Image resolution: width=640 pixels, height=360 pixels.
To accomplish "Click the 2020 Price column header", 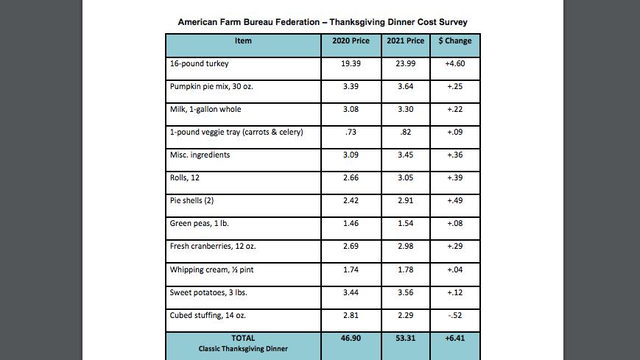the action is point(351,40).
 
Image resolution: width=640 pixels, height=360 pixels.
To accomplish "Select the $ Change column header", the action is point(454,40).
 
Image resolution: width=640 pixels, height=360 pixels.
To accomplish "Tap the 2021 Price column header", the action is point(405,40).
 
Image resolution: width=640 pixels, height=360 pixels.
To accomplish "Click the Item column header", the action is point(243,40).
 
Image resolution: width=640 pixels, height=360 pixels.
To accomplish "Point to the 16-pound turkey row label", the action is point(199,63).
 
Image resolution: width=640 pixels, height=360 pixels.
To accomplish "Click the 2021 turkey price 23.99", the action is point(405,63).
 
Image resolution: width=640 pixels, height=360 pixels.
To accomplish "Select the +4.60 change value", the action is point(454,63).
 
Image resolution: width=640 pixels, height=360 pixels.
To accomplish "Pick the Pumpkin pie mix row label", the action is point(211,87).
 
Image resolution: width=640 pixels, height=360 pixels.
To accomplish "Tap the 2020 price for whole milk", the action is point(351,110).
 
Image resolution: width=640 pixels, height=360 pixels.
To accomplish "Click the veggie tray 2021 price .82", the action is point(405,133).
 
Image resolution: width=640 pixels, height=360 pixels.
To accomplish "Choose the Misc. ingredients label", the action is point(200,155).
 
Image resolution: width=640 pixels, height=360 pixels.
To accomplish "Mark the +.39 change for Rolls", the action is point(454,178).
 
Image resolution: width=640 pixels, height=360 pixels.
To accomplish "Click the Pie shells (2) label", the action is point(191,201).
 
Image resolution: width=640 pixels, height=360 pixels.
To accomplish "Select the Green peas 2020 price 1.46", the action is point(351,224).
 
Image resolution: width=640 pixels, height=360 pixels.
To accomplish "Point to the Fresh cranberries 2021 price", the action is point(405,247).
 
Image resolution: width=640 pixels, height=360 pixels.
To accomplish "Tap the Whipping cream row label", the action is point(211,269).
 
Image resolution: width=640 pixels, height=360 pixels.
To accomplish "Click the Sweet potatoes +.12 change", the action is point(454,293).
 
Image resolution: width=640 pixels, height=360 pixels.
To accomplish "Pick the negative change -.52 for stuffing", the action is point(454,316).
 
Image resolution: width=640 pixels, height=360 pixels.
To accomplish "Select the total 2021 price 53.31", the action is point(405,339).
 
